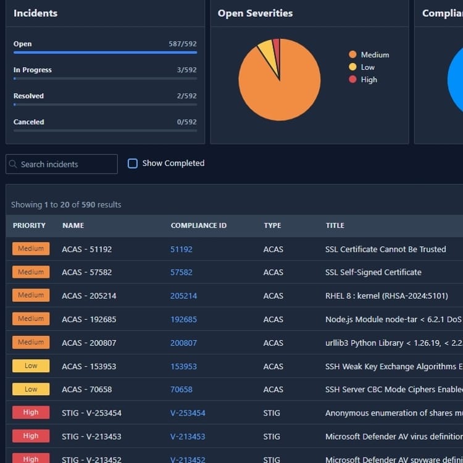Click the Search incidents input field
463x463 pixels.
tap(62, 164)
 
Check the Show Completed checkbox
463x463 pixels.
tap(133, 164)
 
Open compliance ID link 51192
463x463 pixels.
tap(181, 249)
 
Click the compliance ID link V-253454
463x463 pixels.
tap(188, 413)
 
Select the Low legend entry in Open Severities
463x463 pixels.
tap(367, 67)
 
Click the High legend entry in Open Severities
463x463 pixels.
tap(369, 80)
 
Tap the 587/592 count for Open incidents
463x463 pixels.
tap(183, 44)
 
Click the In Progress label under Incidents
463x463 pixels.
tap(33, 70)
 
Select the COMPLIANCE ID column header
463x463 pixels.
tap(198, 225)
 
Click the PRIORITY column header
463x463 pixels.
tap(29, 225)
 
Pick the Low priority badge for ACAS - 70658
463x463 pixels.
tap(31, 390)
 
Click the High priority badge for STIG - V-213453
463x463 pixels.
tap(31, 436)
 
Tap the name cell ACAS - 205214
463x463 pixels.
tap(89, 296)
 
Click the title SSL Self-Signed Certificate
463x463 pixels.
tap(373, 272)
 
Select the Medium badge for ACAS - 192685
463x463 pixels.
tap(31, 319)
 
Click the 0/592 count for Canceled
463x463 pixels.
tap(186, 122)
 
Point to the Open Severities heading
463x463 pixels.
tap(255, 13)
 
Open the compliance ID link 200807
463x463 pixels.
tap(183, 343)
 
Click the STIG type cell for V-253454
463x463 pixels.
tap(272, 413)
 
